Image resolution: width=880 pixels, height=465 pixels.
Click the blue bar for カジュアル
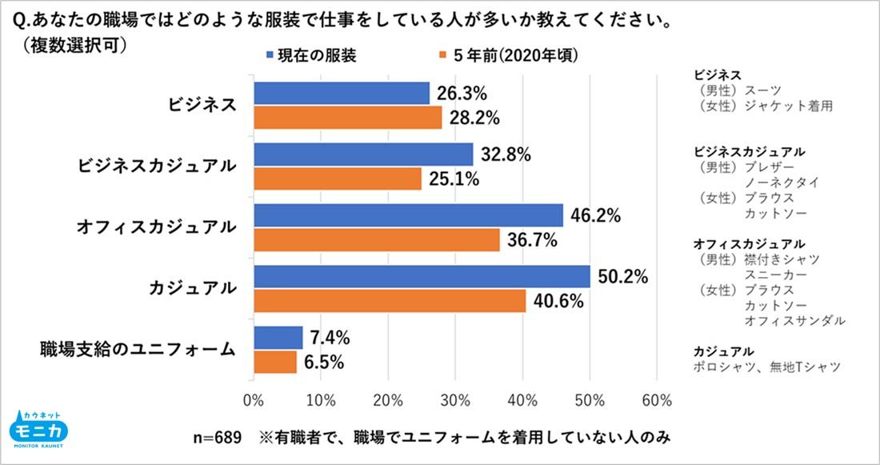click(x=422, y=277)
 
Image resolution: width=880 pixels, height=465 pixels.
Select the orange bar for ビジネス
click(x=347, y=118)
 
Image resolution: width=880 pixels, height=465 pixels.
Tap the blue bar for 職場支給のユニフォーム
click(x=278, y=338)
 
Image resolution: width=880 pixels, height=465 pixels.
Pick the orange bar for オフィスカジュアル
click(x=376, y=240)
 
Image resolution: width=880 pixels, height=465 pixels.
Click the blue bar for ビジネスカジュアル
click(x=363, y=154)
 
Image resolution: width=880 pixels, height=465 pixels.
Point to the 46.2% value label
click(x=596, y=215)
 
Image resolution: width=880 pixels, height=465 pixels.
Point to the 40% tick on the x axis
click(x=522, y=399)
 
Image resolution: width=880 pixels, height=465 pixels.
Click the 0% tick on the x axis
click(x=254, y=399)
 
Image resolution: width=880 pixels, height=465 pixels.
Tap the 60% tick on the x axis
click(x=656, y=399)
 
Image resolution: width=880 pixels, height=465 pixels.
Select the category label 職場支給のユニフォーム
click(x=138, y=350)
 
